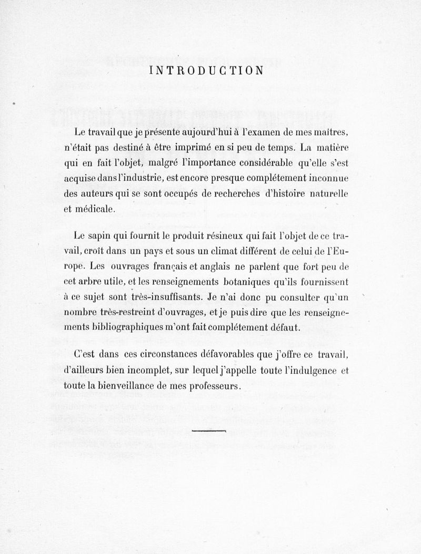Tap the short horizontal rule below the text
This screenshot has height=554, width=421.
209,430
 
